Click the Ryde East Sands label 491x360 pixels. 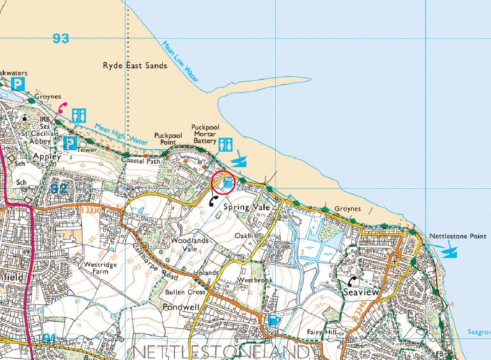pyautogui.click(x=135, y=66)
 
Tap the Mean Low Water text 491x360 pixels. pyautogui.click(x=182, y=68)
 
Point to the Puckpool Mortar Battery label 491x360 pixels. pyautogui.click(x=205, y=134)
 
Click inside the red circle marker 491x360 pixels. pyautogui.click(x=223, y=184)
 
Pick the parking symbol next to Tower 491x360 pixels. pyautogui.click(x=70, y=143)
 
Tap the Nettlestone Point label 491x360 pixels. pyautogui.click(x=457, y=235)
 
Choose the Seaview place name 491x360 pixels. pyautogui.click(x=361, y=293)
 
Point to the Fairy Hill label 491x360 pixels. pyautogui.click(x=322, y=332)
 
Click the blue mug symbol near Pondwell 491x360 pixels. pyautogui.click(x=274, y=320)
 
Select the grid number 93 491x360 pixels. pyautogui.click(x=61, y=39)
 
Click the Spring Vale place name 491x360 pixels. pyautogui.click(x=244, y=208)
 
